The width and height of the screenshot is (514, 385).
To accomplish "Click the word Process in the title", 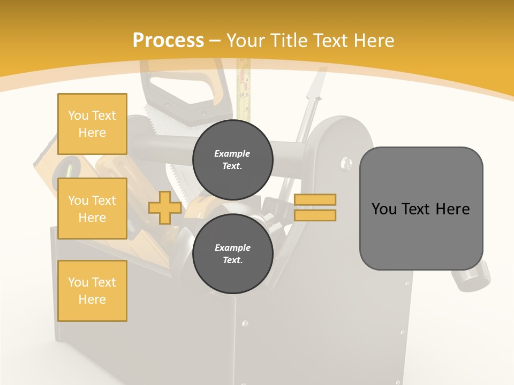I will click(x=168, y=41).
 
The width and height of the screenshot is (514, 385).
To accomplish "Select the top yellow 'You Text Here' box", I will click(x=92, y=124).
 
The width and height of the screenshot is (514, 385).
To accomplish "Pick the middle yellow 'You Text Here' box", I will click(x=92, y=209).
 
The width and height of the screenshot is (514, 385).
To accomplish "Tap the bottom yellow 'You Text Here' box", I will click(x=92, y=291).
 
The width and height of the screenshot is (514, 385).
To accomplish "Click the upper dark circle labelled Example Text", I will click(x=232, y=159).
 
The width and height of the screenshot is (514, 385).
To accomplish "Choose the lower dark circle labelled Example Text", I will click(x=232, y=254).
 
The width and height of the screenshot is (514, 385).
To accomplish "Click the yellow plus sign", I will click(x=165, y=208).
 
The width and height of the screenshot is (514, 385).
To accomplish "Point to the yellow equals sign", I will click(x=315, y=207).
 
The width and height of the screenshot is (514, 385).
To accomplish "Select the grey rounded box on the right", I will click(x=421, y=209).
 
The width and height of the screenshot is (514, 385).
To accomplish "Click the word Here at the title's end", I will click(x=373, y=41).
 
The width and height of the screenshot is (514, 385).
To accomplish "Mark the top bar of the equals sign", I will click(x=315, y=200).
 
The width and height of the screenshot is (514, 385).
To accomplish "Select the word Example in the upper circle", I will click(x=232, y=153).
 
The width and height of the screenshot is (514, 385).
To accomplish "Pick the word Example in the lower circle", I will click(x=232, y=248).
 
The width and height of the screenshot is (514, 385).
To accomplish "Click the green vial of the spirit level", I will click(x=69, y=170).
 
